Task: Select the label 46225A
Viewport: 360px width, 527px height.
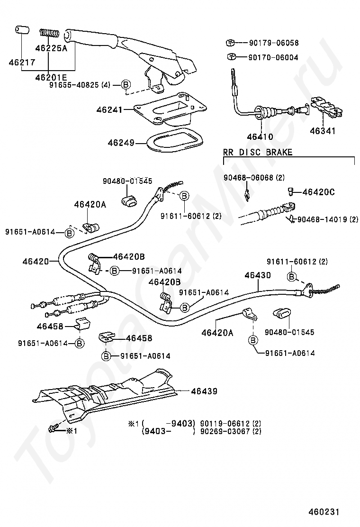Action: [x=51, y=48]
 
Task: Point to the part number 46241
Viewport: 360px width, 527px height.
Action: [x=108, y=109]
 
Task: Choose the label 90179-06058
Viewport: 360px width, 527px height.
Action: [x=274, y=43]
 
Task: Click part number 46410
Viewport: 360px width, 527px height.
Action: [x=260, y=137]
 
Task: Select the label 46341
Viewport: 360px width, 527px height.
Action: [x=323, y=131]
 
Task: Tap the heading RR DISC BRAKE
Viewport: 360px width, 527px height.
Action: [x=258, y=152]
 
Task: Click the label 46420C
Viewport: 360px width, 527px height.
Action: [x=318, y=192]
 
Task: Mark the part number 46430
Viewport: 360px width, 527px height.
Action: [x=258, y=275]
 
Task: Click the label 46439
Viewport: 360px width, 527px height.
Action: [x=204, y=391]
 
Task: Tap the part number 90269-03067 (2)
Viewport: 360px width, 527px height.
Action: [x=230, y=431]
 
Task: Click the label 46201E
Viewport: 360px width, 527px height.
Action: [x=51, y=77]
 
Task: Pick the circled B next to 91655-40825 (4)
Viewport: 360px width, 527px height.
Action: [x=126, y=85]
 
